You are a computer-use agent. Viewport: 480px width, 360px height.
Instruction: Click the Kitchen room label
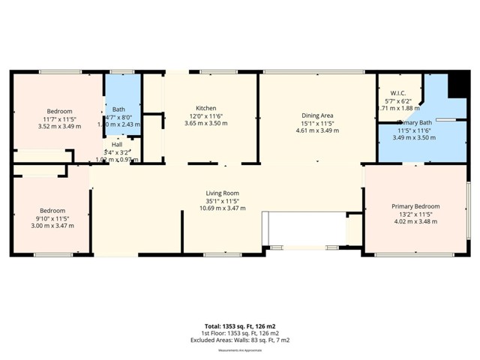point(205,107)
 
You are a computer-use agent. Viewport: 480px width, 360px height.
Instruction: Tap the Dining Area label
point(316,115)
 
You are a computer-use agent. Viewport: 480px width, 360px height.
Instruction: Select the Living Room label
point(222,193)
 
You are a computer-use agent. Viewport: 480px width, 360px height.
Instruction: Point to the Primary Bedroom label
point(415,206)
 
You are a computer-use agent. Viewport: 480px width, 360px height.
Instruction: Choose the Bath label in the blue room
point(118,109)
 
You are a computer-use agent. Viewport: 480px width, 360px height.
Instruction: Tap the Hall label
point(117,145)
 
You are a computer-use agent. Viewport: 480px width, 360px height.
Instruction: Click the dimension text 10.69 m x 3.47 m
point(222,208)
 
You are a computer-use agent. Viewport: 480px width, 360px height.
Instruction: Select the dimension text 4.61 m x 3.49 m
point(316,130)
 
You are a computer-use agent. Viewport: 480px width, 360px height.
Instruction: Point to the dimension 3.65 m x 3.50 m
point(205,123)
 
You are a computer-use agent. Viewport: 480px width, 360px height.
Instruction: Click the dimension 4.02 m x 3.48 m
point(415,222)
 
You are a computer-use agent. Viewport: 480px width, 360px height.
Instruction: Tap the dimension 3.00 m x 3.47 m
point(52,226)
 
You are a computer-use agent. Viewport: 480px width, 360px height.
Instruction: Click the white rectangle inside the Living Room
point(303,227)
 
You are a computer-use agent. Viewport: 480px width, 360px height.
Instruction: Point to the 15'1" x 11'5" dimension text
point(316,123)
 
